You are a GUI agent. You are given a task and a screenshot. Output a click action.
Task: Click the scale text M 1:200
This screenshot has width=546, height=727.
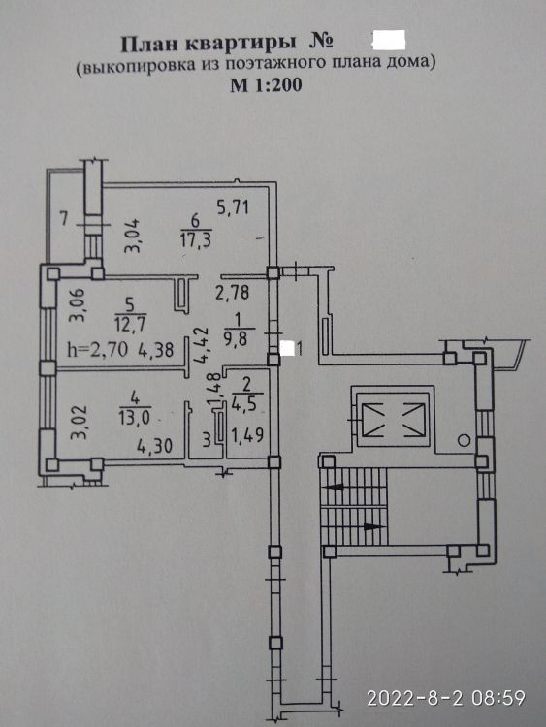click(x=266, y=85)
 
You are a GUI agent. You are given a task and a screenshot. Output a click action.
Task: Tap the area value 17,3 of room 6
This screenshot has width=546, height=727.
click(x=197, y=239)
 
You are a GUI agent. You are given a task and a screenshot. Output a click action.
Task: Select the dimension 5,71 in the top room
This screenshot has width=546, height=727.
click(x=234, y=206)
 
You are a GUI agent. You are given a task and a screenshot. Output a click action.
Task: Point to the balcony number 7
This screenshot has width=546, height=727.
click(x=64, y=218)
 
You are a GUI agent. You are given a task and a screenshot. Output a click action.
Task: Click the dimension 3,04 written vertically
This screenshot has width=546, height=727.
click(x=131, y=237)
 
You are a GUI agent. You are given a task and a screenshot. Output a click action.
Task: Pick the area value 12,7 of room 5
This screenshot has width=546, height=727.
click(x=129, y=323)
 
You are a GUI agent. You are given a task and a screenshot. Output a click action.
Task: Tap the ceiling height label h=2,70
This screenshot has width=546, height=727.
click(x=97, y=349)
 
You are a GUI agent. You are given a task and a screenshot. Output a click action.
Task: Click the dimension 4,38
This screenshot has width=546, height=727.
click(x=155, y=349)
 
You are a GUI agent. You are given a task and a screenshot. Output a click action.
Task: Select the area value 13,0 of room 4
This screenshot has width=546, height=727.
click(x=135, y=417)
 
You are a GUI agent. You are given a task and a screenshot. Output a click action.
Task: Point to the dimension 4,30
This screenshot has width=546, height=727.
click(x=155, y=446)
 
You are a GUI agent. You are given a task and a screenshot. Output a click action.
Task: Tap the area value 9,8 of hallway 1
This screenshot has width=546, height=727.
click(x=238, y=338)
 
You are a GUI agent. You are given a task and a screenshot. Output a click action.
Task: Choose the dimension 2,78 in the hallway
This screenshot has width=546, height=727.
click(x=233, y=292)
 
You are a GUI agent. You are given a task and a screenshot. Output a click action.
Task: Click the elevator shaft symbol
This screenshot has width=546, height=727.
click(x=394, y=420)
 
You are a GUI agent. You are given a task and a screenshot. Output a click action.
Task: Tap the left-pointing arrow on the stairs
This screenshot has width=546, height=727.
click(x=336, y=488)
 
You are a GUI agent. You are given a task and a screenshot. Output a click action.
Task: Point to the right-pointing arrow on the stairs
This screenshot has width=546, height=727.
click(x=374, y=527)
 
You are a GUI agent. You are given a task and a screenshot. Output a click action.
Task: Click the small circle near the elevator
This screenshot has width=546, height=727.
click(x=464, y=440)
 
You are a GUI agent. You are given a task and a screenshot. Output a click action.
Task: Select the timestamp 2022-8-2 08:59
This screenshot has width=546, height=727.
click(x=446, y=697)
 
